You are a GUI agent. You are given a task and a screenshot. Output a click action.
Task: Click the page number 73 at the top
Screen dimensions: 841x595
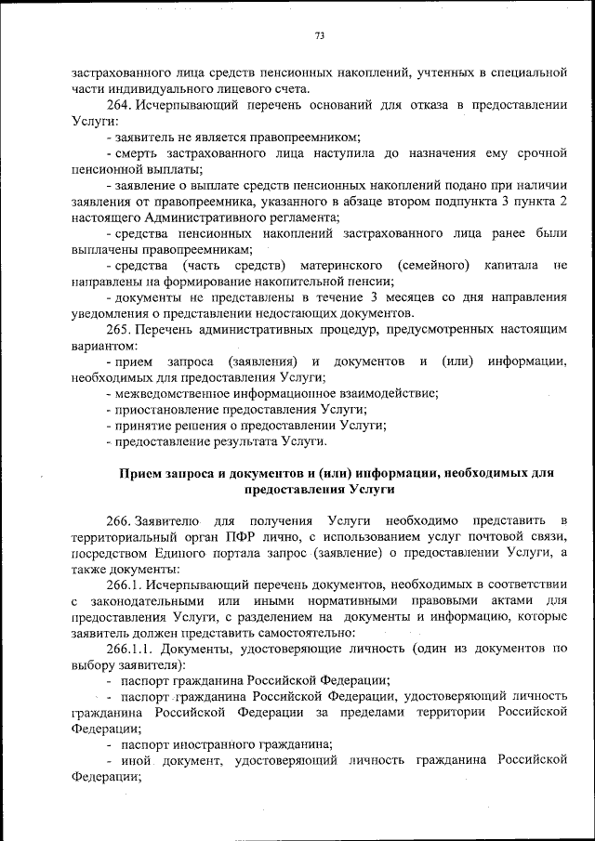(x=319, y=36)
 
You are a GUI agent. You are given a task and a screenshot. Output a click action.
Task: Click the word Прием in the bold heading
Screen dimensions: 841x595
(x=141, y=473)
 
